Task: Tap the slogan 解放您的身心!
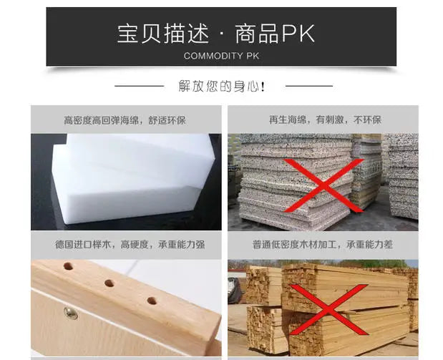[222, 87]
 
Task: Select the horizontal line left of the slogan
[140, 86]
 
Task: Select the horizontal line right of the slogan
[308, 86]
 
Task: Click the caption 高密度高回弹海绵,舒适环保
[124, 120]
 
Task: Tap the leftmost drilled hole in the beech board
[69, 266]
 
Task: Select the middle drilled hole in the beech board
[109, 283]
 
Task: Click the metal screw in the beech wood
[70, 312]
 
